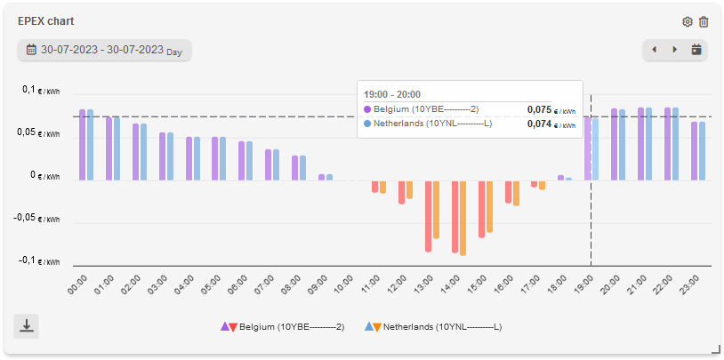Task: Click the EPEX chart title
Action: (46, 22)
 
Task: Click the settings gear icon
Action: (688, 22)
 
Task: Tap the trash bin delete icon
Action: (704, 22)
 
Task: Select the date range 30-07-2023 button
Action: (104, 50)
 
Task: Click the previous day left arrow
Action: (655, 50)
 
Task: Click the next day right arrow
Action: (675, 50)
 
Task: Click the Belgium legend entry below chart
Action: (283, 327)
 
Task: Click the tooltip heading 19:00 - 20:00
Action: (392, 93)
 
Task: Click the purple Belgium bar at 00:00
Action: (82, 145)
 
